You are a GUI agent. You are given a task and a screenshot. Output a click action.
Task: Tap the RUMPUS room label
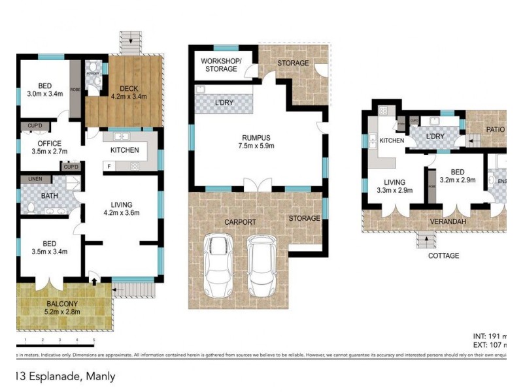256,137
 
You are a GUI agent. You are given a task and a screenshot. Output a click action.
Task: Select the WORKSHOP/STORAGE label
220,65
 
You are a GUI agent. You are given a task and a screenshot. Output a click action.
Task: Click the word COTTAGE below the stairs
443,255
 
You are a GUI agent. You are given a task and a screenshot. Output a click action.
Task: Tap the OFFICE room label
49,144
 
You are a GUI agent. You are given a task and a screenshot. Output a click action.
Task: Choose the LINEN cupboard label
32,179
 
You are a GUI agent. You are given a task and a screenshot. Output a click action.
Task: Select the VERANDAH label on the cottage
447,221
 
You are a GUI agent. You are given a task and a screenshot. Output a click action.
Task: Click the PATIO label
495,129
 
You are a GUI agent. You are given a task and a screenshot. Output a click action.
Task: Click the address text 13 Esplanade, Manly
65,376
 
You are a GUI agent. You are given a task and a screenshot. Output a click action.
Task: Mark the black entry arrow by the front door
94,282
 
